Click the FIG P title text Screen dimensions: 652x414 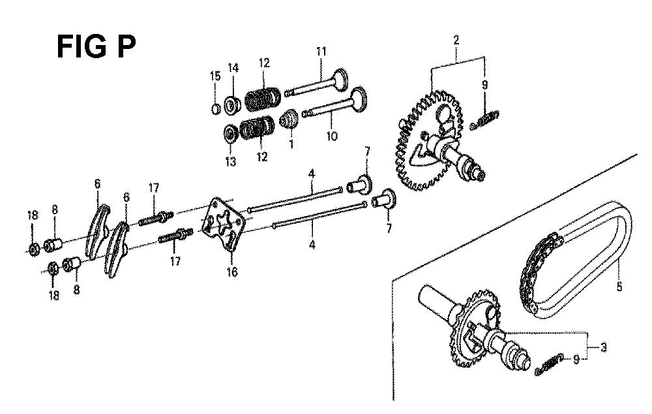pos(96,46)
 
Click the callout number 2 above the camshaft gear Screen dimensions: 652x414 pos(456,40)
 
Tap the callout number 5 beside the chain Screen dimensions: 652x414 pos(619,287)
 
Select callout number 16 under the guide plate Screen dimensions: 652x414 pos(232,272)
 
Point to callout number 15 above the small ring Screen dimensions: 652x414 pos(215,76)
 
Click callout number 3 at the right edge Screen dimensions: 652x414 pos(603,347)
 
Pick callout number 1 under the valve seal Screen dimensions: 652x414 pos(291,144)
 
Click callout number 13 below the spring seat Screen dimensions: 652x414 pos(230,161)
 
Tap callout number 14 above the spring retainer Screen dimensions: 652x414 pos(233,67)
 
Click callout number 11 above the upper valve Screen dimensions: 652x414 pos(321,52)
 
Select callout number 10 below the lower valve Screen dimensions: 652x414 pos(332,136)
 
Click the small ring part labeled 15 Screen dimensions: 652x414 pos(215,109)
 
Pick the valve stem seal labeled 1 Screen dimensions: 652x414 pos(289,119)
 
